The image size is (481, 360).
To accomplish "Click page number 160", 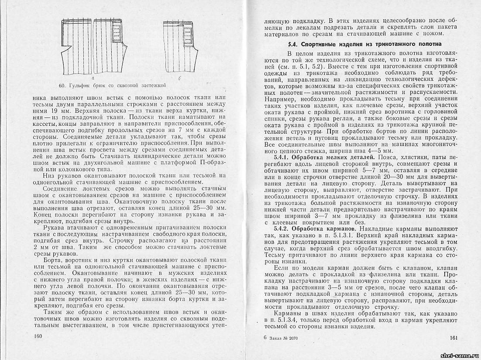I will (38, 336).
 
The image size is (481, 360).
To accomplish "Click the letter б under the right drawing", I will (179, 78).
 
